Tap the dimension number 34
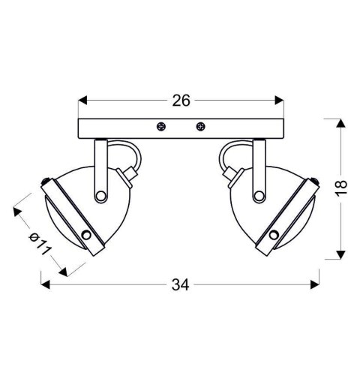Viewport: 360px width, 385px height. click(x=179, y=284)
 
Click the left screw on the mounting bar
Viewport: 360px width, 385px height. click(x=159, y=127)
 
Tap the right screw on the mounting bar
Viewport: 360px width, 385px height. click(x=200, y=127)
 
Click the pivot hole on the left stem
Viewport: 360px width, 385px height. click(x=100, y=196)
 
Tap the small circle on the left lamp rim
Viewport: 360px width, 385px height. click(x=87, y=236)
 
